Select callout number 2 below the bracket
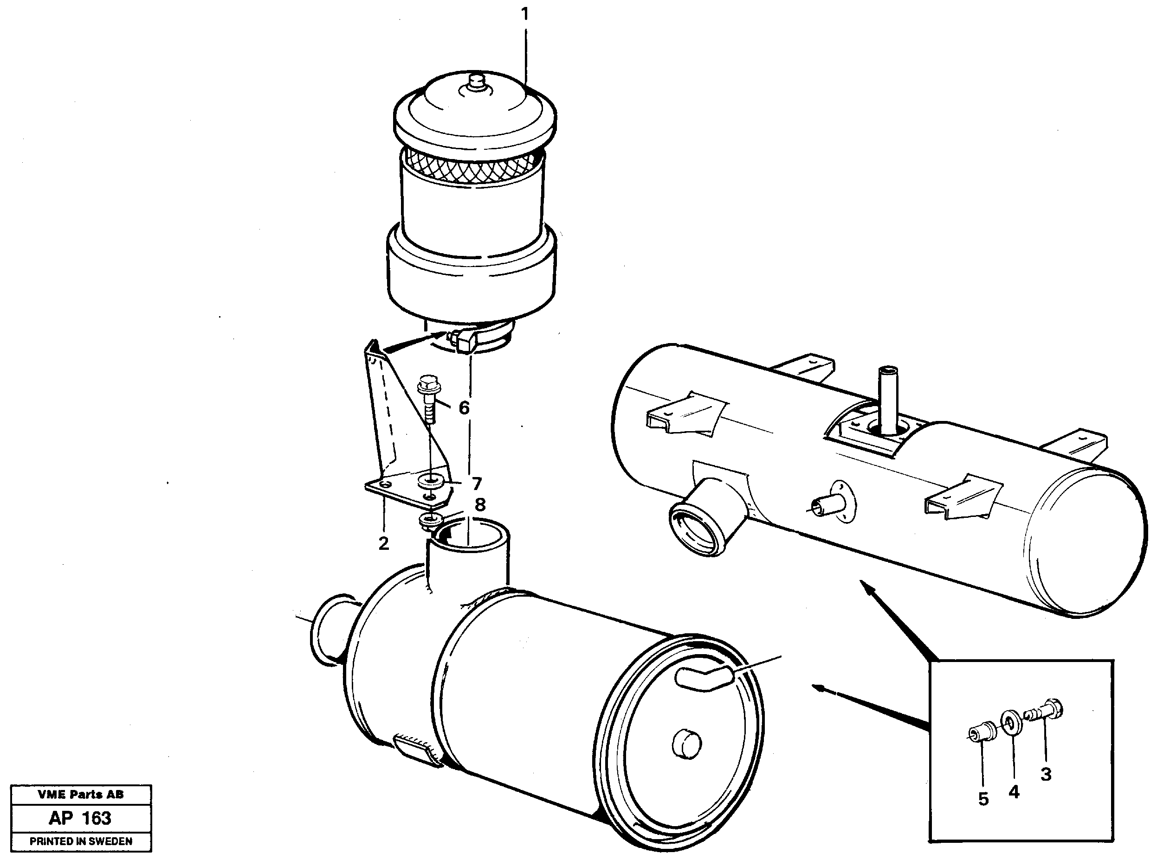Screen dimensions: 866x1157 coord(383,543)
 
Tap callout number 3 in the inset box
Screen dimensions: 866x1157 coord(1046,774)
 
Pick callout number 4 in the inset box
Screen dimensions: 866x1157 coord(1014,792)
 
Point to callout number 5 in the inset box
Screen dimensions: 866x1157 coord(983,799)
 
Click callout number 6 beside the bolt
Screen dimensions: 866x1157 coord(464,408)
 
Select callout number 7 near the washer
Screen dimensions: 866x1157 coord(476,484)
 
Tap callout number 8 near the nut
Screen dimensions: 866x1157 coord(479,505)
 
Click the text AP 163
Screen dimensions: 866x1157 coord(80,818)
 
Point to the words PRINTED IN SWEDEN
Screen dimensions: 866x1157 coord(81,841)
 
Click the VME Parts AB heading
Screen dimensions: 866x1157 coord(81,795)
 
